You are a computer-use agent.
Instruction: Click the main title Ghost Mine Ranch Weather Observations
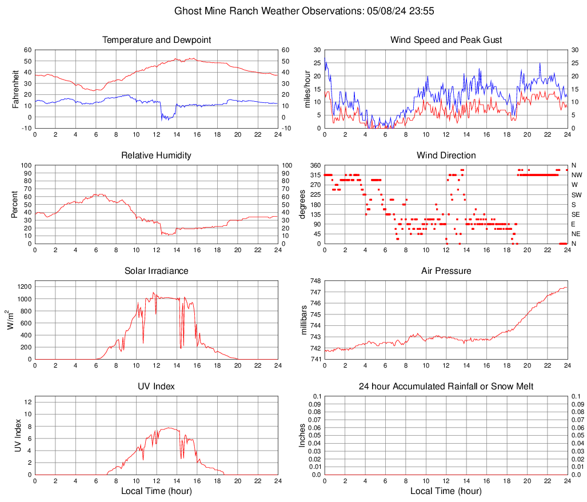(293, 11)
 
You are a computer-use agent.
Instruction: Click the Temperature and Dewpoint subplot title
(157, 40)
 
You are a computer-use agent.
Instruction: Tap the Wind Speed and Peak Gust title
(446, 40)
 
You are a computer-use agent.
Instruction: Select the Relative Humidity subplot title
(157, 156)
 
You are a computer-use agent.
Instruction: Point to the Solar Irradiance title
(157, 271)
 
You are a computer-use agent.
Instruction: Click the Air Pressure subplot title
(446, 271)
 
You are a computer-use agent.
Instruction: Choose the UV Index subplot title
(157, 387)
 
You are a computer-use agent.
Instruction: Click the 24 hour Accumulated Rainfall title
(446, 387)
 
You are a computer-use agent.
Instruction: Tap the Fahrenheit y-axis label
(15, 89)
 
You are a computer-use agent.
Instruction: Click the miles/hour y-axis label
(307, 89)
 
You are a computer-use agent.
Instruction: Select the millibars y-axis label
(304, 320)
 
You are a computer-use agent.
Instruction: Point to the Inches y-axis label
(302, 435)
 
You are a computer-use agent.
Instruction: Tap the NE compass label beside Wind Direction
(577, 234)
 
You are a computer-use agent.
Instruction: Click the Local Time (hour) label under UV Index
(157, 491)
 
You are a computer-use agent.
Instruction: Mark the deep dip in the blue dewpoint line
(166, 118)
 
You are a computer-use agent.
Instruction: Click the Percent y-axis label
(15, 204)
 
